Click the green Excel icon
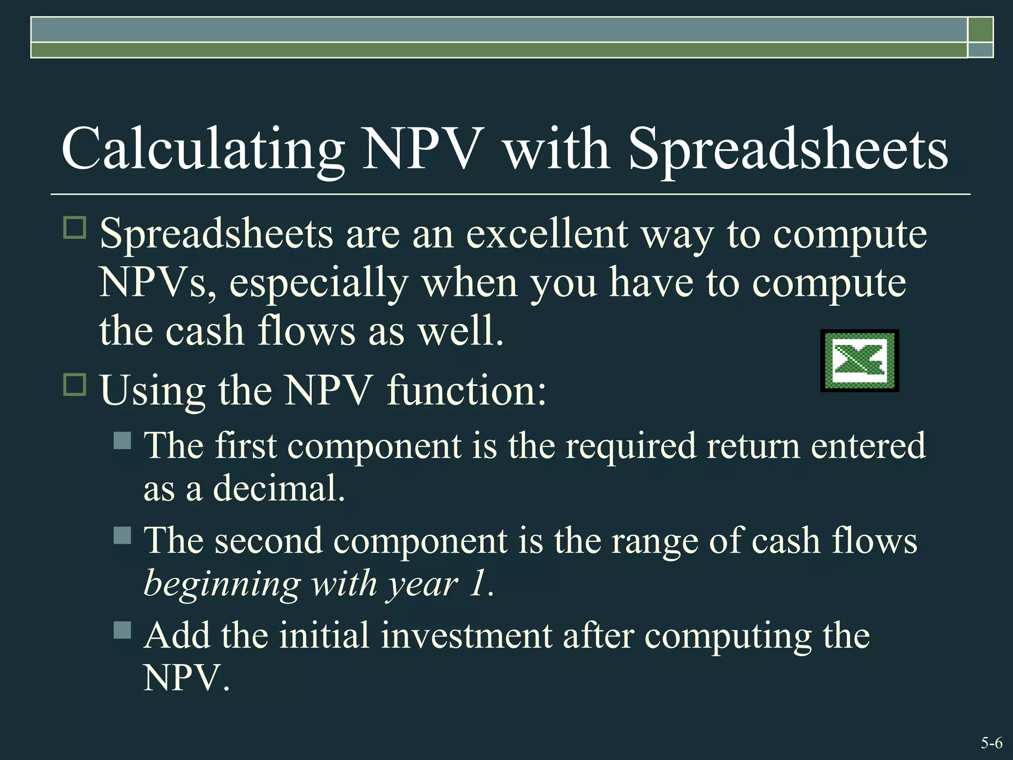point(860,361)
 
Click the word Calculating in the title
point(203,149)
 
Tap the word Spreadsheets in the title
point(788,150)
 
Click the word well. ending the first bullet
point(461,331)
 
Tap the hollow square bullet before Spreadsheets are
point(75,228)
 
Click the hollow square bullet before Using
point(75,384)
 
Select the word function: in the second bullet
point(466,390)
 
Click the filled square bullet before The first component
point(122,440)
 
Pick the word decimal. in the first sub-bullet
point(278,489)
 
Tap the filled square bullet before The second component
point(122,535)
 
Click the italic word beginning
point(222,584)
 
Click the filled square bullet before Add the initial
point(122,630)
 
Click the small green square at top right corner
point(980,30)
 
